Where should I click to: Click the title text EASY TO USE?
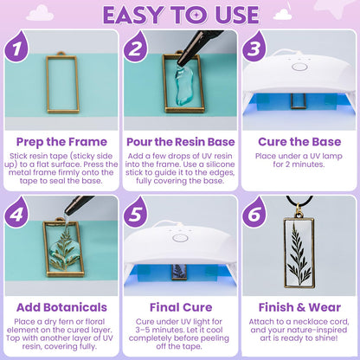(180, 15)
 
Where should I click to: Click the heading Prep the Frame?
(61, 140)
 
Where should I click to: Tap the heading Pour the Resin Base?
(180, 140)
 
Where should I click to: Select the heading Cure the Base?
(299, 140)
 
